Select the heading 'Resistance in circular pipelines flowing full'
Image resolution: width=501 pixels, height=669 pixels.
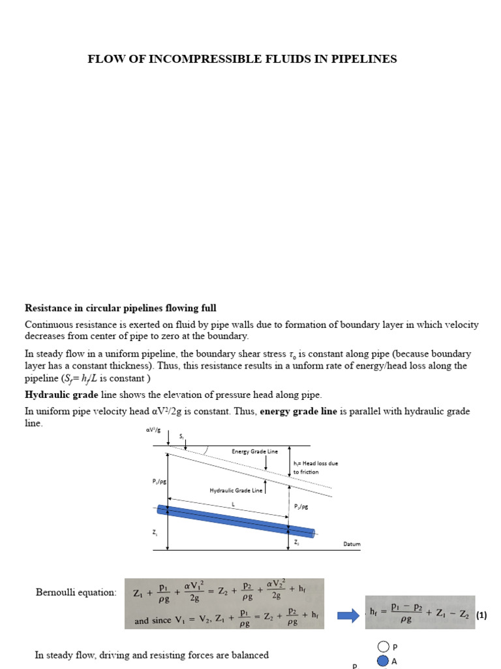pyautogui.click(x=121, y=308)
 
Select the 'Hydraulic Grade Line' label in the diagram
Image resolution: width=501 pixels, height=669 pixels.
pyautogui.click(x=235, y=490)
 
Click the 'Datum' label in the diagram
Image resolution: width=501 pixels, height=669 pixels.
pyautogui.click(x=352, y=544)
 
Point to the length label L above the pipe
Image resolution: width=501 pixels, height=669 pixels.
pyautogui.click(x=233, y=504)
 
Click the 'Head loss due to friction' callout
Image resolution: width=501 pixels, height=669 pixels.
pyautogui.click(x=315, y=467)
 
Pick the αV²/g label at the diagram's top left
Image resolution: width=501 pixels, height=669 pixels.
pyautogui.click(x=152, y=430)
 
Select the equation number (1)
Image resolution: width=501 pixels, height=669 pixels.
pyautogui.click(x=481, y=615)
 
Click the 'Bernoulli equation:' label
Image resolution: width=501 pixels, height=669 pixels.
pyautogui.click(x=76, y=593)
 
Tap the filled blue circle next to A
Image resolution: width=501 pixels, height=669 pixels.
pyautogui.click(x=384, y=661)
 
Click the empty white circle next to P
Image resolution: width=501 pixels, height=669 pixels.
pyautogui.click(x=384, y=647)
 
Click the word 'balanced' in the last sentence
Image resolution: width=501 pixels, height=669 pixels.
pyautogui.click(x=247, y=655)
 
